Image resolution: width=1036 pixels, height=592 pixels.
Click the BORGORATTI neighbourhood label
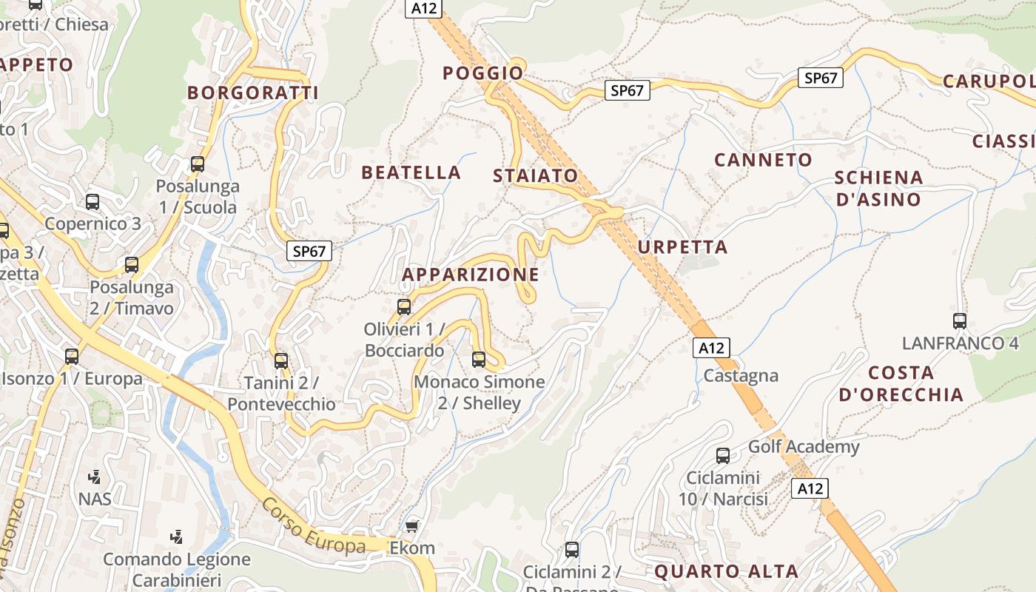pos(252,92)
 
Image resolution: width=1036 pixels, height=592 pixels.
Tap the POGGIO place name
pos(482,73)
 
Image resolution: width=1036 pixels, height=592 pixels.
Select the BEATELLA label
pos(411,172)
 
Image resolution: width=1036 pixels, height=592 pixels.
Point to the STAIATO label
pos(535,175)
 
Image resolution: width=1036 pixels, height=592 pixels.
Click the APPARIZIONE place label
pos(470,275)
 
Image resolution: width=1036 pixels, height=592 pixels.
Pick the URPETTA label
pos(682,246)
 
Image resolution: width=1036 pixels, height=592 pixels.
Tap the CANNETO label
pos(763,159)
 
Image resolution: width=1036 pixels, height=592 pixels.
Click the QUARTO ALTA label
pos(726,571)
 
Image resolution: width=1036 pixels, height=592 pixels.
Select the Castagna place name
pos(741,375)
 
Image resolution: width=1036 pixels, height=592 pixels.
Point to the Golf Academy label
pos(804,446)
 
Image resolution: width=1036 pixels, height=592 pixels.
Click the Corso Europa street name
pos(313,526)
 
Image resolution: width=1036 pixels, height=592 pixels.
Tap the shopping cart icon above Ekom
pos(412,526)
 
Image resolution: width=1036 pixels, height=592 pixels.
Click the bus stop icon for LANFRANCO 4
pos(960,321)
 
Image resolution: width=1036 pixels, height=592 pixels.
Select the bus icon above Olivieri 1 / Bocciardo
pos(404,306)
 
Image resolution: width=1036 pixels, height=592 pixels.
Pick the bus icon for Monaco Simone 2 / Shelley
pos(479,360)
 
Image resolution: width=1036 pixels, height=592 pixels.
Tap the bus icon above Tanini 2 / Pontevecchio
pos(281,361)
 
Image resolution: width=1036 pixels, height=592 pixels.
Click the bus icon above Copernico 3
pos(92,201)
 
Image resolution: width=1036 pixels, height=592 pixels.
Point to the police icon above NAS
pos(94,477)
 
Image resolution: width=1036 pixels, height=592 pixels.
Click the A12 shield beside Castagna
pos(711,348)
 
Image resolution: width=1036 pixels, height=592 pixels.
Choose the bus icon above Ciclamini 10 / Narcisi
pos(723,456)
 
